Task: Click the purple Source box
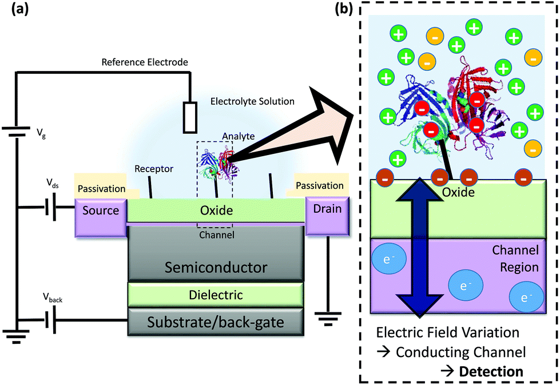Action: click(101, 211)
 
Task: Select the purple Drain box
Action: click(327, 210)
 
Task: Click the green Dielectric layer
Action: click(215, 295)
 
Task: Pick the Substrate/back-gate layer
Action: click(215, 323)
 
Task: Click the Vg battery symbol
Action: click(18, 133)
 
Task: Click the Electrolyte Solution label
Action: click(252, 102)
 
